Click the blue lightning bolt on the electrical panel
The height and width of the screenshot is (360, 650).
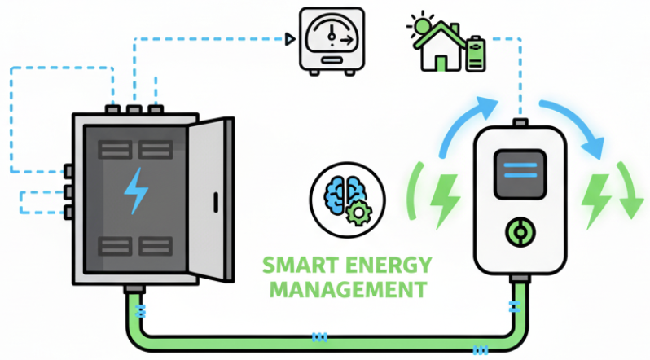(136, 192)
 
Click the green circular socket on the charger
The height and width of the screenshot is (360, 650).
(516, 232)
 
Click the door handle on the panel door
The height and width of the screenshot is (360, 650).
(215, 201)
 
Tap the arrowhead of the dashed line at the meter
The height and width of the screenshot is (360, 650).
(290, 37)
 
